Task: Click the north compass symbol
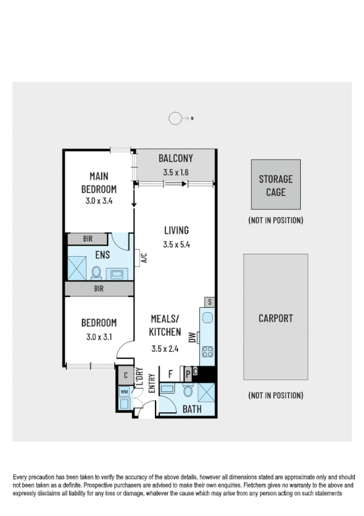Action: tap(176, 119)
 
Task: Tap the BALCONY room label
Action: tap(176, 159)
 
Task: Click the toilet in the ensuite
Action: tap(96, 271)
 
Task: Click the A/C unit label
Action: tap(144, 259)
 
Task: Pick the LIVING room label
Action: tap(176, 231)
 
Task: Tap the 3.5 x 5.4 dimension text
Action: tap(176, 245)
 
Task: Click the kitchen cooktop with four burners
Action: tap(207, 352)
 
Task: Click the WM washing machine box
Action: tap(124, 392)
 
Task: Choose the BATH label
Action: tap(192, 410)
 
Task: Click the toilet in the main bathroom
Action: tap(187, 390)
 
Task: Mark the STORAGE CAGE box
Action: tap(275, 185)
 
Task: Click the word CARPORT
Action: tap(275, 318)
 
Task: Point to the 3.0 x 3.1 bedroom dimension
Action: tap(99, 336)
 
